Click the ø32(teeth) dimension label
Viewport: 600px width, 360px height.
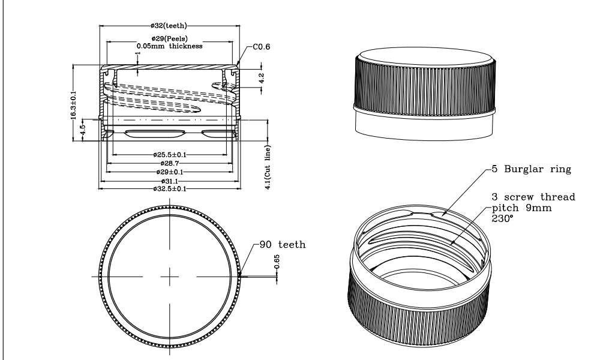coord(169,26)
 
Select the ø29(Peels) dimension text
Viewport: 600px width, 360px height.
coord(170,38)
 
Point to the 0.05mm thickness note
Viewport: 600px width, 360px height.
coord(170,46)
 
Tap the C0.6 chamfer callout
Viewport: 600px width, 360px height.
coord(262,47)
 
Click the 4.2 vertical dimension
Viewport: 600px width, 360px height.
coord(262,79)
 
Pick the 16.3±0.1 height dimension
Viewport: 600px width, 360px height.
coord(73,105)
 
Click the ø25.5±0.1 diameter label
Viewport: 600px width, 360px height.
coord(170,155)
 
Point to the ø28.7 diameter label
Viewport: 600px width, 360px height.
coord(170,163)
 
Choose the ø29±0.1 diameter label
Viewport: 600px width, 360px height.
coord(170,172)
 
